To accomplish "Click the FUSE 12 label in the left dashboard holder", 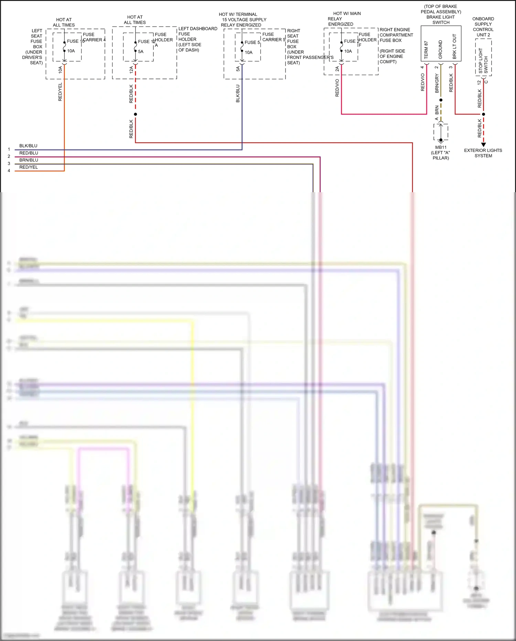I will [146, 42].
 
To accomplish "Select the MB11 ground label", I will [441, 147].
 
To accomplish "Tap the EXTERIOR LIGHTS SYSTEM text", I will [483, 153].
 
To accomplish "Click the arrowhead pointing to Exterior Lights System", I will [483, 145].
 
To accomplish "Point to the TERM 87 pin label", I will [426, 50].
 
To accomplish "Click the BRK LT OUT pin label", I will [454, 46].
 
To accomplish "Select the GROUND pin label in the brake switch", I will [440, 49].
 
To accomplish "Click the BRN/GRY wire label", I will [437, 83].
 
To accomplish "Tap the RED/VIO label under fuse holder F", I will [337, 87].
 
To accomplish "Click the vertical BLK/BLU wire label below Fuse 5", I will [238, 93].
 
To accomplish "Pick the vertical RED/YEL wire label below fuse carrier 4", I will [60, 92].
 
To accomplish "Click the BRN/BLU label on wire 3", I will [29, 160].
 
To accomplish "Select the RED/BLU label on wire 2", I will [29, 153].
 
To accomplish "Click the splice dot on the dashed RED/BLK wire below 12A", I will [136, 114].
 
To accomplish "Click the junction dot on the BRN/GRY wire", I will [441, 100].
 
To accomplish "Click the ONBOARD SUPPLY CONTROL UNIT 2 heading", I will [483, 27].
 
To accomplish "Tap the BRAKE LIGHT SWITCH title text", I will [441, 20].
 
